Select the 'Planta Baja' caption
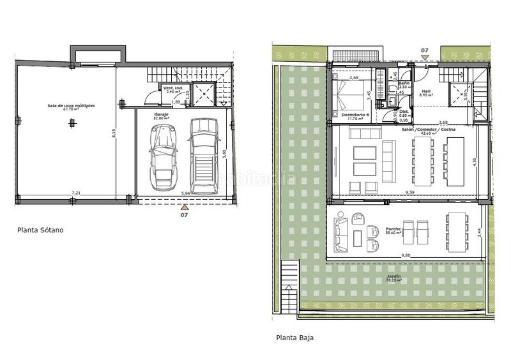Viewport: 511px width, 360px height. tap(294, 338)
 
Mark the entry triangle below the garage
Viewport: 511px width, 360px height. tap(185, 207)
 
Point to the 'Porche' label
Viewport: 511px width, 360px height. tap(393, 229)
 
